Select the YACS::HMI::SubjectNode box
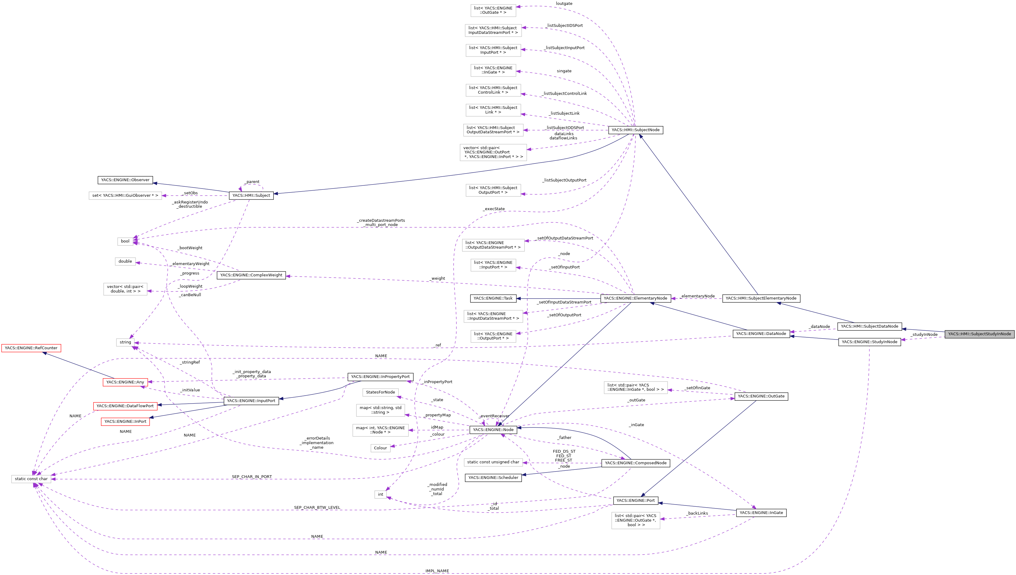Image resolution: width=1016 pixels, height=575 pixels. coord(635,130)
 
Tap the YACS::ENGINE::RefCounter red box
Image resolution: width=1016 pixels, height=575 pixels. coord(31,348)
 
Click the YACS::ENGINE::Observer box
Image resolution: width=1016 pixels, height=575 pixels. coord(125,180)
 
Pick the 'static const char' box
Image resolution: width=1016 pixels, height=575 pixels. coord(31,479)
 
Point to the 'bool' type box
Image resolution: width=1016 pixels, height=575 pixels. coord(125,241)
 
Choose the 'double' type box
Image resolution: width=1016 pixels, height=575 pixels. coord(125,261)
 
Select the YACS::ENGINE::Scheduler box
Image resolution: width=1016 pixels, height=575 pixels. coord(493,477)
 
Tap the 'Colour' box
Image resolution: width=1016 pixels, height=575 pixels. coord(380,448)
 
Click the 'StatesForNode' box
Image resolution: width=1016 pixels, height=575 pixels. coord(380,392)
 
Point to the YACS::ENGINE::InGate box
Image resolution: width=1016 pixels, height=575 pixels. coord(761,512)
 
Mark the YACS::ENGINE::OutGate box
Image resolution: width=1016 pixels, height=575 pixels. coord(761,396)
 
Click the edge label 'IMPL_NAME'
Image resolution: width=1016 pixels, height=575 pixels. coord(437,571)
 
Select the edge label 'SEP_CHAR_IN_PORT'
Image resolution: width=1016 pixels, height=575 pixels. coord(252,477)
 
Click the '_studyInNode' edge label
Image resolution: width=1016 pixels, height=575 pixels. coord(924,335)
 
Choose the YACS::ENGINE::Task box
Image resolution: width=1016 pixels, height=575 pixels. coord(493,298)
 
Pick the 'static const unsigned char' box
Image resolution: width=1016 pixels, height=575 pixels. coord(493,462)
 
